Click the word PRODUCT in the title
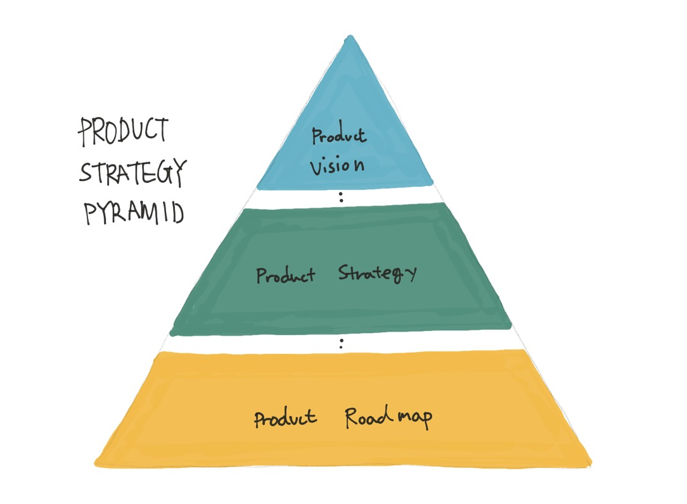coord(124,131)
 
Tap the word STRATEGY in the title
coord(132,172)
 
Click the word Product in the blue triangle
coord(339,137)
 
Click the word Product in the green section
coord(285,276)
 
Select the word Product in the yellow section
coord(285,419)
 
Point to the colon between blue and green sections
coord(342,196)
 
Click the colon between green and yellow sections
coord(342,344)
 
